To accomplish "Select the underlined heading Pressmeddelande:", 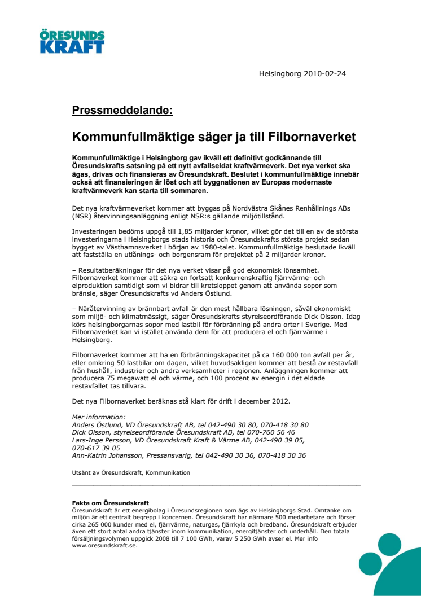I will [122, 110].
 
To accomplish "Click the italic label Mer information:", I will [99, 417].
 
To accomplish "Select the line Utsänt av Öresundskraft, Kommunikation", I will [131, 472].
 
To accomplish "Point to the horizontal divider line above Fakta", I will [216, 484].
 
